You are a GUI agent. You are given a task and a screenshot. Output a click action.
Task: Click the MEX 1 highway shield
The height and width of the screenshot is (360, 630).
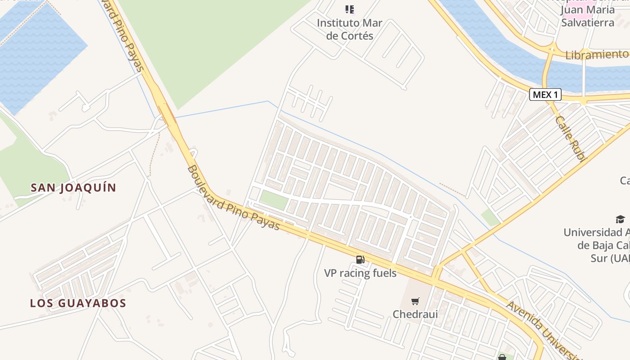(x=545, y=94)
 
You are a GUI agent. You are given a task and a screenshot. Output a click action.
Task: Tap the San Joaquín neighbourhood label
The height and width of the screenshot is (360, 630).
(x=73, y=188)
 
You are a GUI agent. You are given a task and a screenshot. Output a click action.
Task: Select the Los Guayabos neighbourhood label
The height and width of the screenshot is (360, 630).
(x=78, y=303)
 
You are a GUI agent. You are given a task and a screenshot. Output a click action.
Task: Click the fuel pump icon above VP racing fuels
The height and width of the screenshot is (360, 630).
(x=360, y=259)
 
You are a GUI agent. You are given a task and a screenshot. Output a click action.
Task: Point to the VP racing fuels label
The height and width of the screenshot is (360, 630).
(x=360, y=273)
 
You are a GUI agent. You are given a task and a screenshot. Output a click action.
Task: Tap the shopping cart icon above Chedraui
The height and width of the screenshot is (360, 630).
(x=415, y=301)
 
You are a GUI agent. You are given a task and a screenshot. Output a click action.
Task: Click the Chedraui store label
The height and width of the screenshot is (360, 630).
(x=415, y=314)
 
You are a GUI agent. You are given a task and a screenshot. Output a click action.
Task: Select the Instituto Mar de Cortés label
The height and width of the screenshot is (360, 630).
(x=350, y=29)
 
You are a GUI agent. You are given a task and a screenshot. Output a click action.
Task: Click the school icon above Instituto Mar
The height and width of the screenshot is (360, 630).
(x=350, y=9)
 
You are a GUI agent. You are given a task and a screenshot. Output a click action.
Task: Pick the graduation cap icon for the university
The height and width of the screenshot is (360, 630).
(x=620, y=219)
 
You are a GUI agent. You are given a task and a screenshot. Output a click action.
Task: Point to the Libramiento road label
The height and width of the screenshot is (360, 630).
(x=597, y=55)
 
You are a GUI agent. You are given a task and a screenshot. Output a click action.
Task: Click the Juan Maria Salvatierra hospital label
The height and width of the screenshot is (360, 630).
(x=588, y=16)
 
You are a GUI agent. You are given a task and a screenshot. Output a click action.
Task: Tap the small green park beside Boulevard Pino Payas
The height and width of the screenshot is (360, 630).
(x=274, y=200)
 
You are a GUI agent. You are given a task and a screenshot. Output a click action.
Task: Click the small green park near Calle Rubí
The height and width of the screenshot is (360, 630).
(x=490, y=218)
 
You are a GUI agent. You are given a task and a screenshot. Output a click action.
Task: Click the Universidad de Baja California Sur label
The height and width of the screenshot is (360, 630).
(x=596, y=245)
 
